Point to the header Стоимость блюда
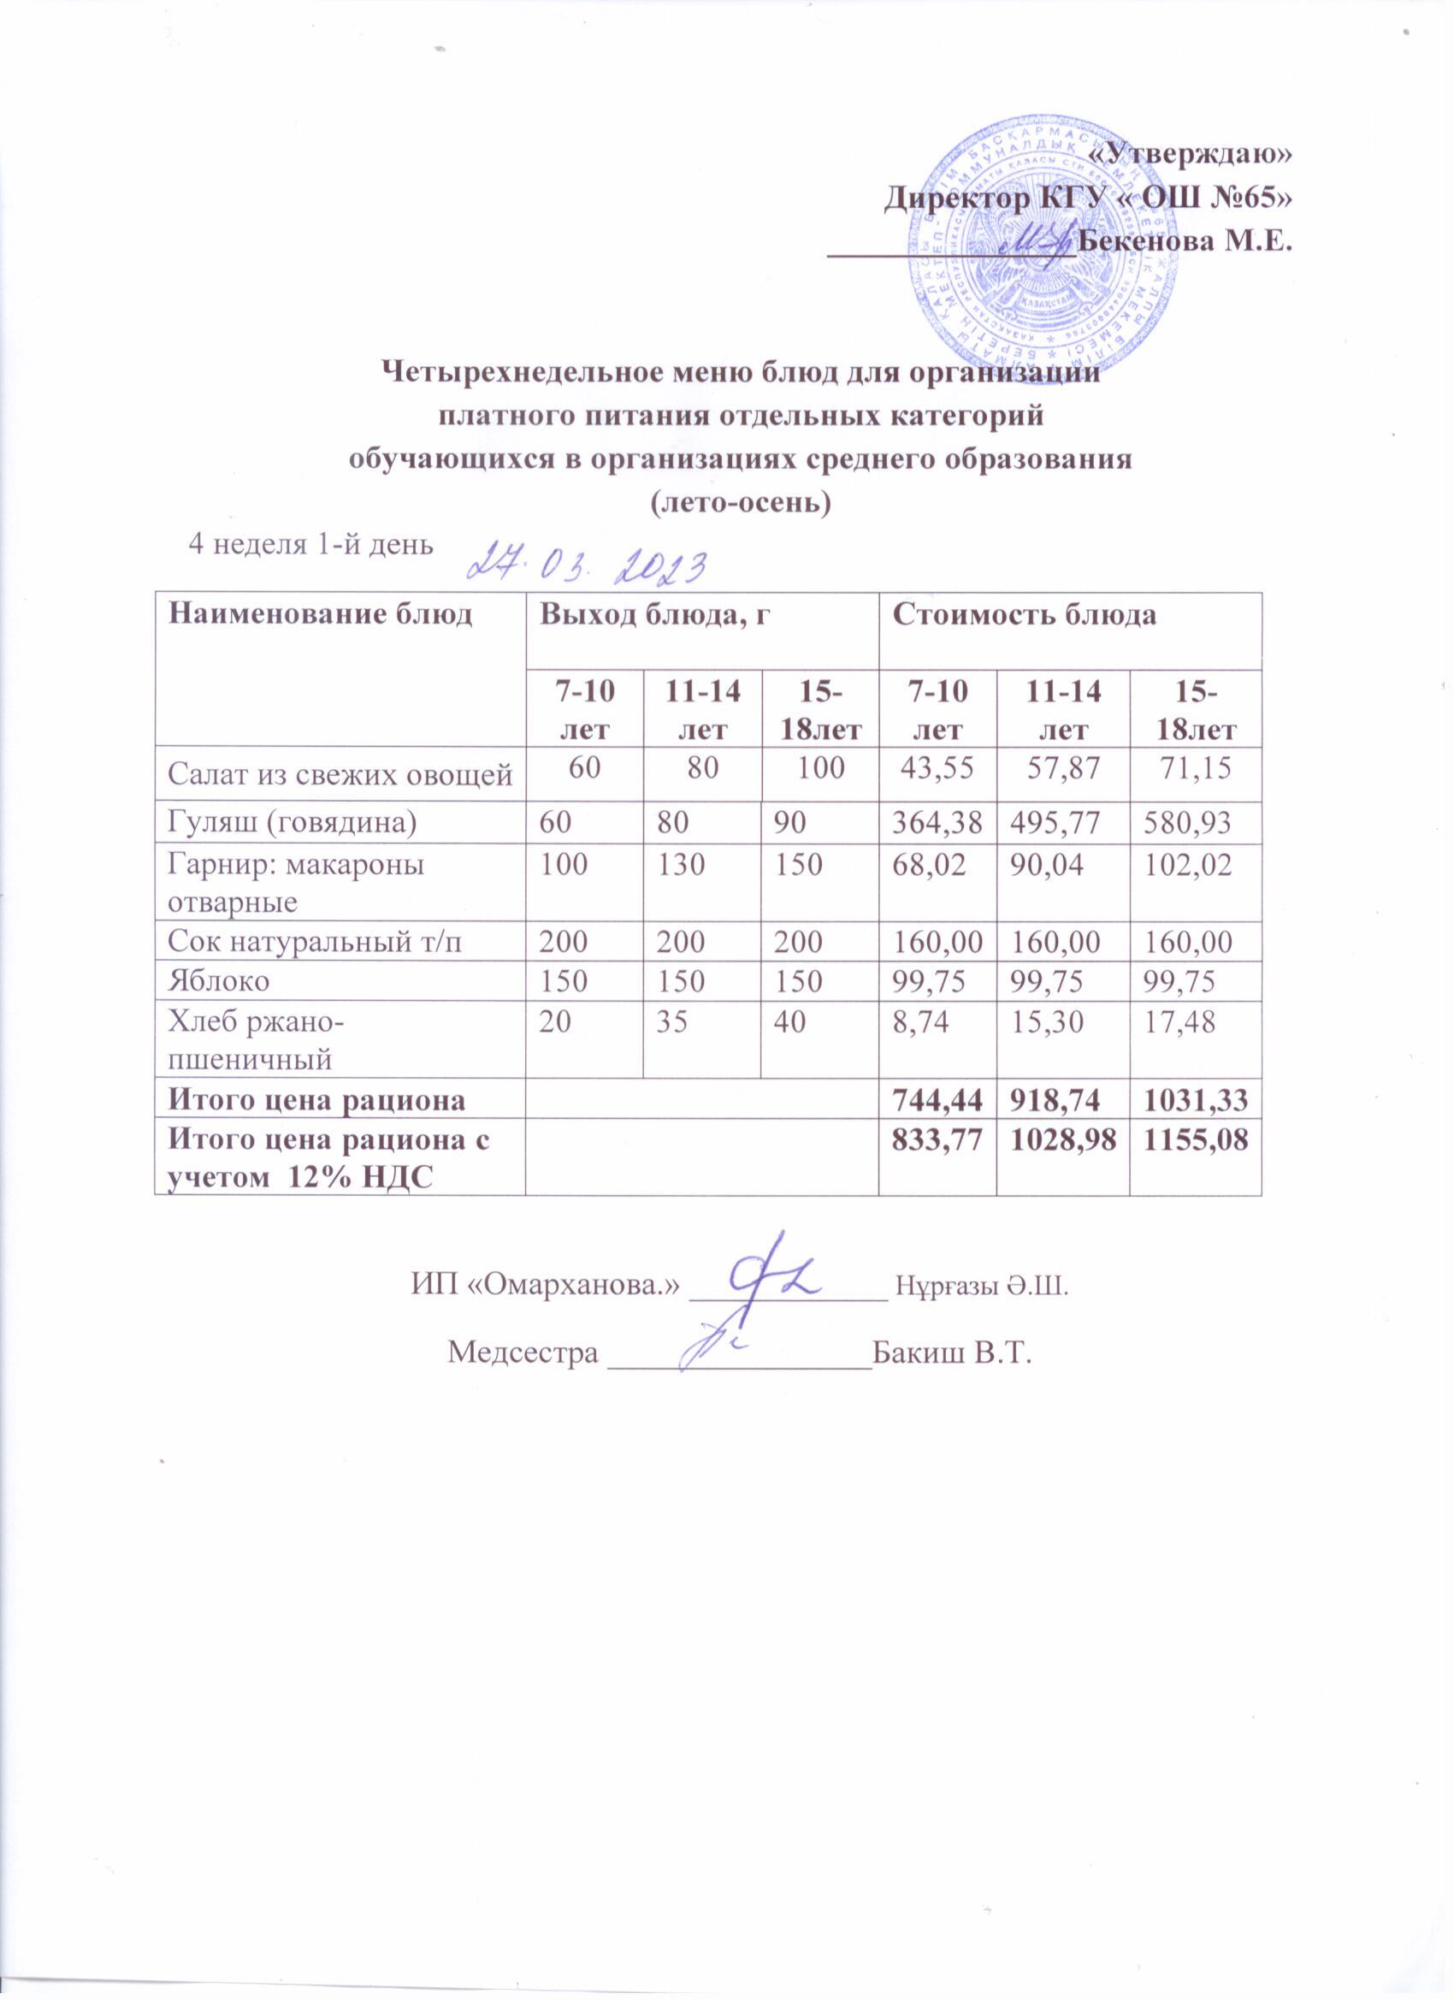1025,616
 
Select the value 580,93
1188,822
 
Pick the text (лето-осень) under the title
740,503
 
